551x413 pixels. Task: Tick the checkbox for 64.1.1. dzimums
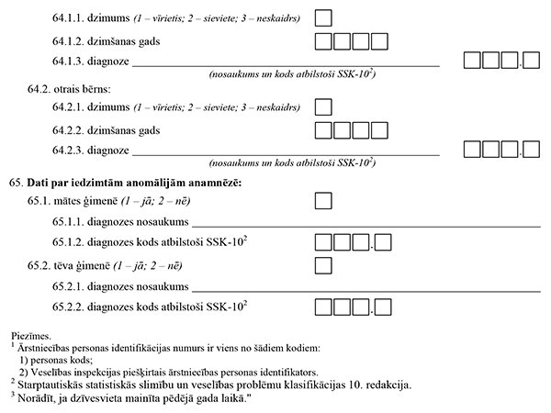[323, 18]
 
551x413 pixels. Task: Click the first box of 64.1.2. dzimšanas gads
[323, 41]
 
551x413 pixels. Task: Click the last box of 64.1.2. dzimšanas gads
[378, 41]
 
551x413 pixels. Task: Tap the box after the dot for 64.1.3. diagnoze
[531, 61]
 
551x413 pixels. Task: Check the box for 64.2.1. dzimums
[323, 108]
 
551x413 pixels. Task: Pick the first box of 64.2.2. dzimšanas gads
[323, 130]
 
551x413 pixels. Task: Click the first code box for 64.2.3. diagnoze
[471, 151]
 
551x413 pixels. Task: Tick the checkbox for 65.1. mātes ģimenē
[323, 201]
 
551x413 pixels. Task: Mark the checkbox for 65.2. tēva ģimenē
[323, 265]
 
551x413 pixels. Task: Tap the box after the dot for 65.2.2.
[384, 306]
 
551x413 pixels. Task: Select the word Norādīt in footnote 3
[32, 396]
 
